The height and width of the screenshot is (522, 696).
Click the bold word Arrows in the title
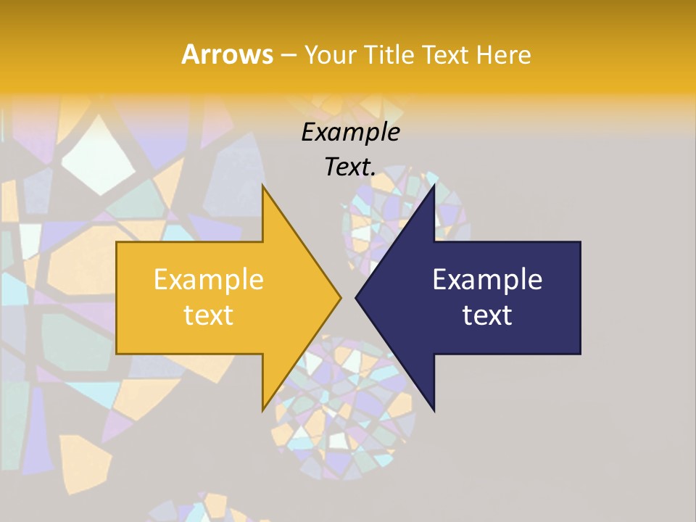point(227,54)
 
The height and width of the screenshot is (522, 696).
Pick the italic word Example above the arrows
point(350,132)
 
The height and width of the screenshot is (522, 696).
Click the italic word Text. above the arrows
point(350,167)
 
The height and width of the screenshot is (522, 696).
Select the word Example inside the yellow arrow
point(208,280)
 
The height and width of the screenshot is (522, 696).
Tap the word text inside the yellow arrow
point(208,315)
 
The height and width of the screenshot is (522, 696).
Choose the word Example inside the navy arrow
point(487,280)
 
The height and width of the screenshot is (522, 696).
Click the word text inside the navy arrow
point(487,315)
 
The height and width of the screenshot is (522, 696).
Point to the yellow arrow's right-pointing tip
point(340,297)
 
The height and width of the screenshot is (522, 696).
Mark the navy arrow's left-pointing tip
point(356,297)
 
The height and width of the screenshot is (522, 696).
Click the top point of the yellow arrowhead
point(262,186)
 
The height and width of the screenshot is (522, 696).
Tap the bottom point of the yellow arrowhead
point(262,410)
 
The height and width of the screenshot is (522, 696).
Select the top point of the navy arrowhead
point(434,186)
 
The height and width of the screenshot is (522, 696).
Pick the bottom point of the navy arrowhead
point(434,410)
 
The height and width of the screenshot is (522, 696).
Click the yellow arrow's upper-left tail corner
point(117,242)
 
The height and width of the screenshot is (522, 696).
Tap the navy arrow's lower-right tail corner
point(580,353)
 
